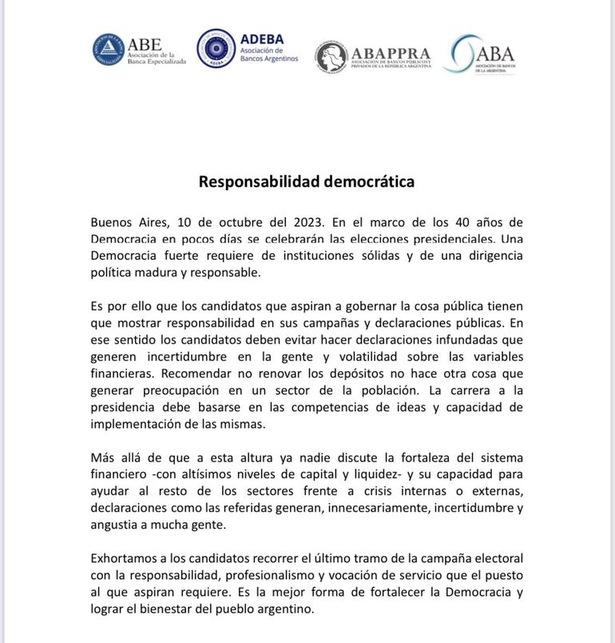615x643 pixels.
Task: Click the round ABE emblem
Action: pyautogui.click(x=108, y=50)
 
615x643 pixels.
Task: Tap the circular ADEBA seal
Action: pyautogui.click(x=216, y=49)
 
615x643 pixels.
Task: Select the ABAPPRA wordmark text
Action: pyautogui.click(x=391, y=53)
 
